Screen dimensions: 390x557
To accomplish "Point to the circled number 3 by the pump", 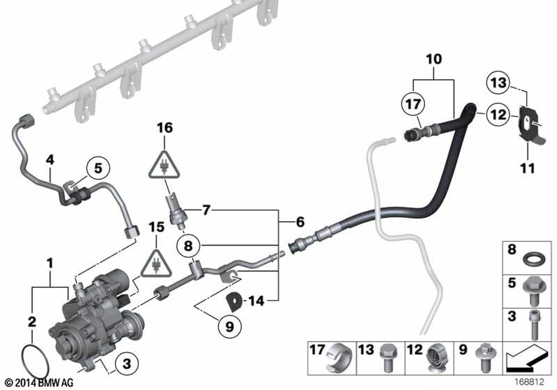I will tap(126, 365).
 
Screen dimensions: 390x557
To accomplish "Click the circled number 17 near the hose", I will tap(413, 104).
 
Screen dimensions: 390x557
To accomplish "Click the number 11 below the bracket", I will tap(527, 167).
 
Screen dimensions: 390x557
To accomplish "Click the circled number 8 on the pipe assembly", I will tap(188, 245).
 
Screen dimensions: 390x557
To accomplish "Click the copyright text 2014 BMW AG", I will tap(37, 383).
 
